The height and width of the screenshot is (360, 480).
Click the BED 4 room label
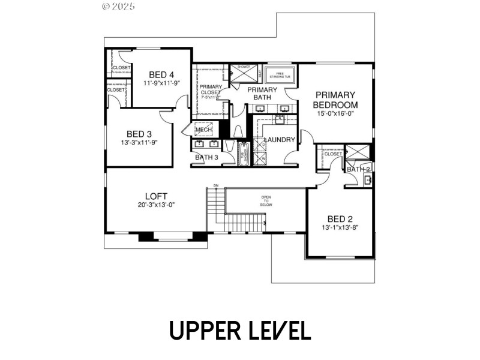pos(161,74)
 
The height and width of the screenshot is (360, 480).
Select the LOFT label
pos(156,196)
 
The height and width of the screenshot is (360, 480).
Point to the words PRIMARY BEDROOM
pos(335,100)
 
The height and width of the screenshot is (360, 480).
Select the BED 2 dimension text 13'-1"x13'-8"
pos(340,228)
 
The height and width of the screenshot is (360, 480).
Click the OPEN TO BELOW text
pos(266,200)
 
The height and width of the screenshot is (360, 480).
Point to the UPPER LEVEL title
pos(239,331)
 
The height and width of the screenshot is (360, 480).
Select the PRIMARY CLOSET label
pos(211,89)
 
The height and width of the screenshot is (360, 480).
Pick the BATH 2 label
pos(359,169)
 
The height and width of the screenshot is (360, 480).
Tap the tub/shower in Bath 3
pos(244,154)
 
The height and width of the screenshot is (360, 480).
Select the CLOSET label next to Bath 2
pos(333,154)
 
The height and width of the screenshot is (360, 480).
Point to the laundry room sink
pos(280,119)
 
